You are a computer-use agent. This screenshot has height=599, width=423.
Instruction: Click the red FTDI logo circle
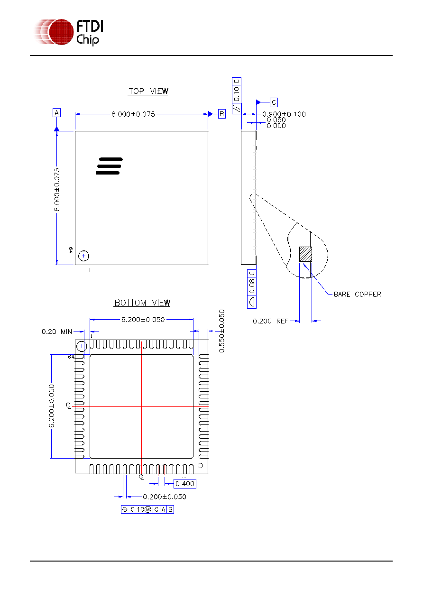(x=61, y=32)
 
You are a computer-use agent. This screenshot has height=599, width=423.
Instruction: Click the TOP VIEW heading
(x=148, y=91)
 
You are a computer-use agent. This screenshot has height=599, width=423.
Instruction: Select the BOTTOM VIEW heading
(x=142, y=303)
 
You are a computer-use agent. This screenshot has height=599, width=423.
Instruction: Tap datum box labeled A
(x=56, y=112)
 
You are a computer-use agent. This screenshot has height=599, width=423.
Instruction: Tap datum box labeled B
(x=221, y=114)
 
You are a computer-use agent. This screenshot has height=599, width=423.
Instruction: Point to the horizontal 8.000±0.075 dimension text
(x=133, y=114)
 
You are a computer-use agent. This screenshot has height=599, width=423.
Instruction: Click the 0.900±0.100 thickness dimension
(x=284, y=114)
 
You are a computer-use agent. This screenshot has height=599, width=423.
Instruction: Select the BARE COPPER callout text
(x=357, y=294)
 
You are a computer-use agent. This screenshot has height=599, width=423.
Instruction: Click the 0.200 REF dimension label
(x=270, y=321)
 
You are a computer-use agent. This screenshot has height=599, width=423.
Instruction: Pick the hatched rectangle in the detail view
(x=305, y=254)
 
